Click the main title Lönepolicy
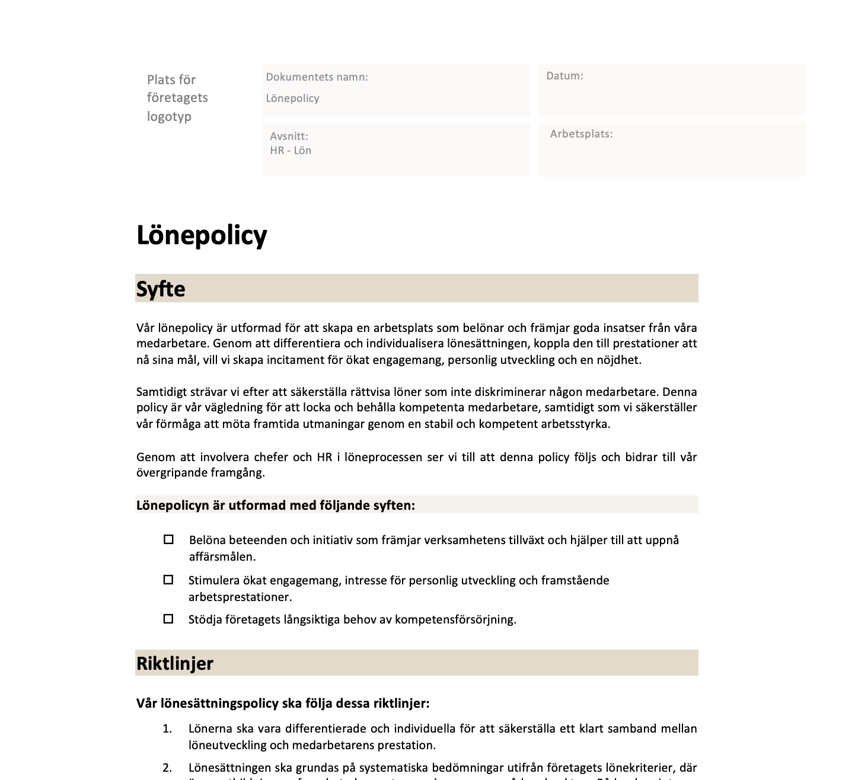point(202,235)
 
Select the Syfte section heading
point(161,289)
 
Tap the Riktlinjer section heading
point(174,663)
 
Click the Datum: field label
point(564,76)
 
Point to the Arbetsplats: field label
point(581,134)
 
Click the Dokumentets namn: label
point(317,77)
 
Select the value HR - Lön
point(291,151)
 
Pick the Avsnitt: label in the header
point(289,136)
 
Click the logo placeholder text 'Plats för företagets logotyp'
point(177,98)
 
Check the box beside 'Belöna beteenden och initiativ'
point(169,540)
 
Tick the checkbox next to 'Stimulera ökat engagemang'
point(168,580)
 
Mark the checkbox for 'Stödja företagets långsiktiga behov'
point(168,619)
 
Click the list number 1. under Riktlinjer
point(167,728)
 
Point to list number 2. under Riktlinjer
point(167,768)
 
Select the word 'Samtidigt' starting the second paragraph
point(162,392)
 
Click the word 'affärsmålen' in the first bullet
point(222,557)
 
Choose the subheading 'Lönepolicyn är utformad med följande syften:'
point(276,506)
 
